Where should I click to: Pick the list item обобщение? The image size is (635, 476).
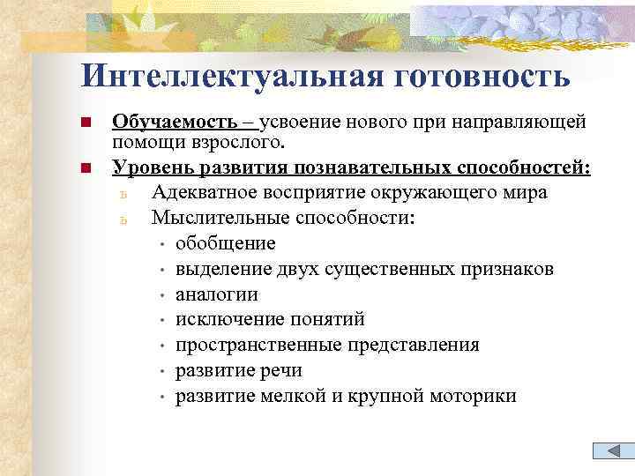point(225,243)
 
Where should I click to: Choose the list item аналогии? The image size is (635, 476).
point(216,294)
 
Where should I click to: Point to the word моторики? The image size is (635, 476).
point(474,396)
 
